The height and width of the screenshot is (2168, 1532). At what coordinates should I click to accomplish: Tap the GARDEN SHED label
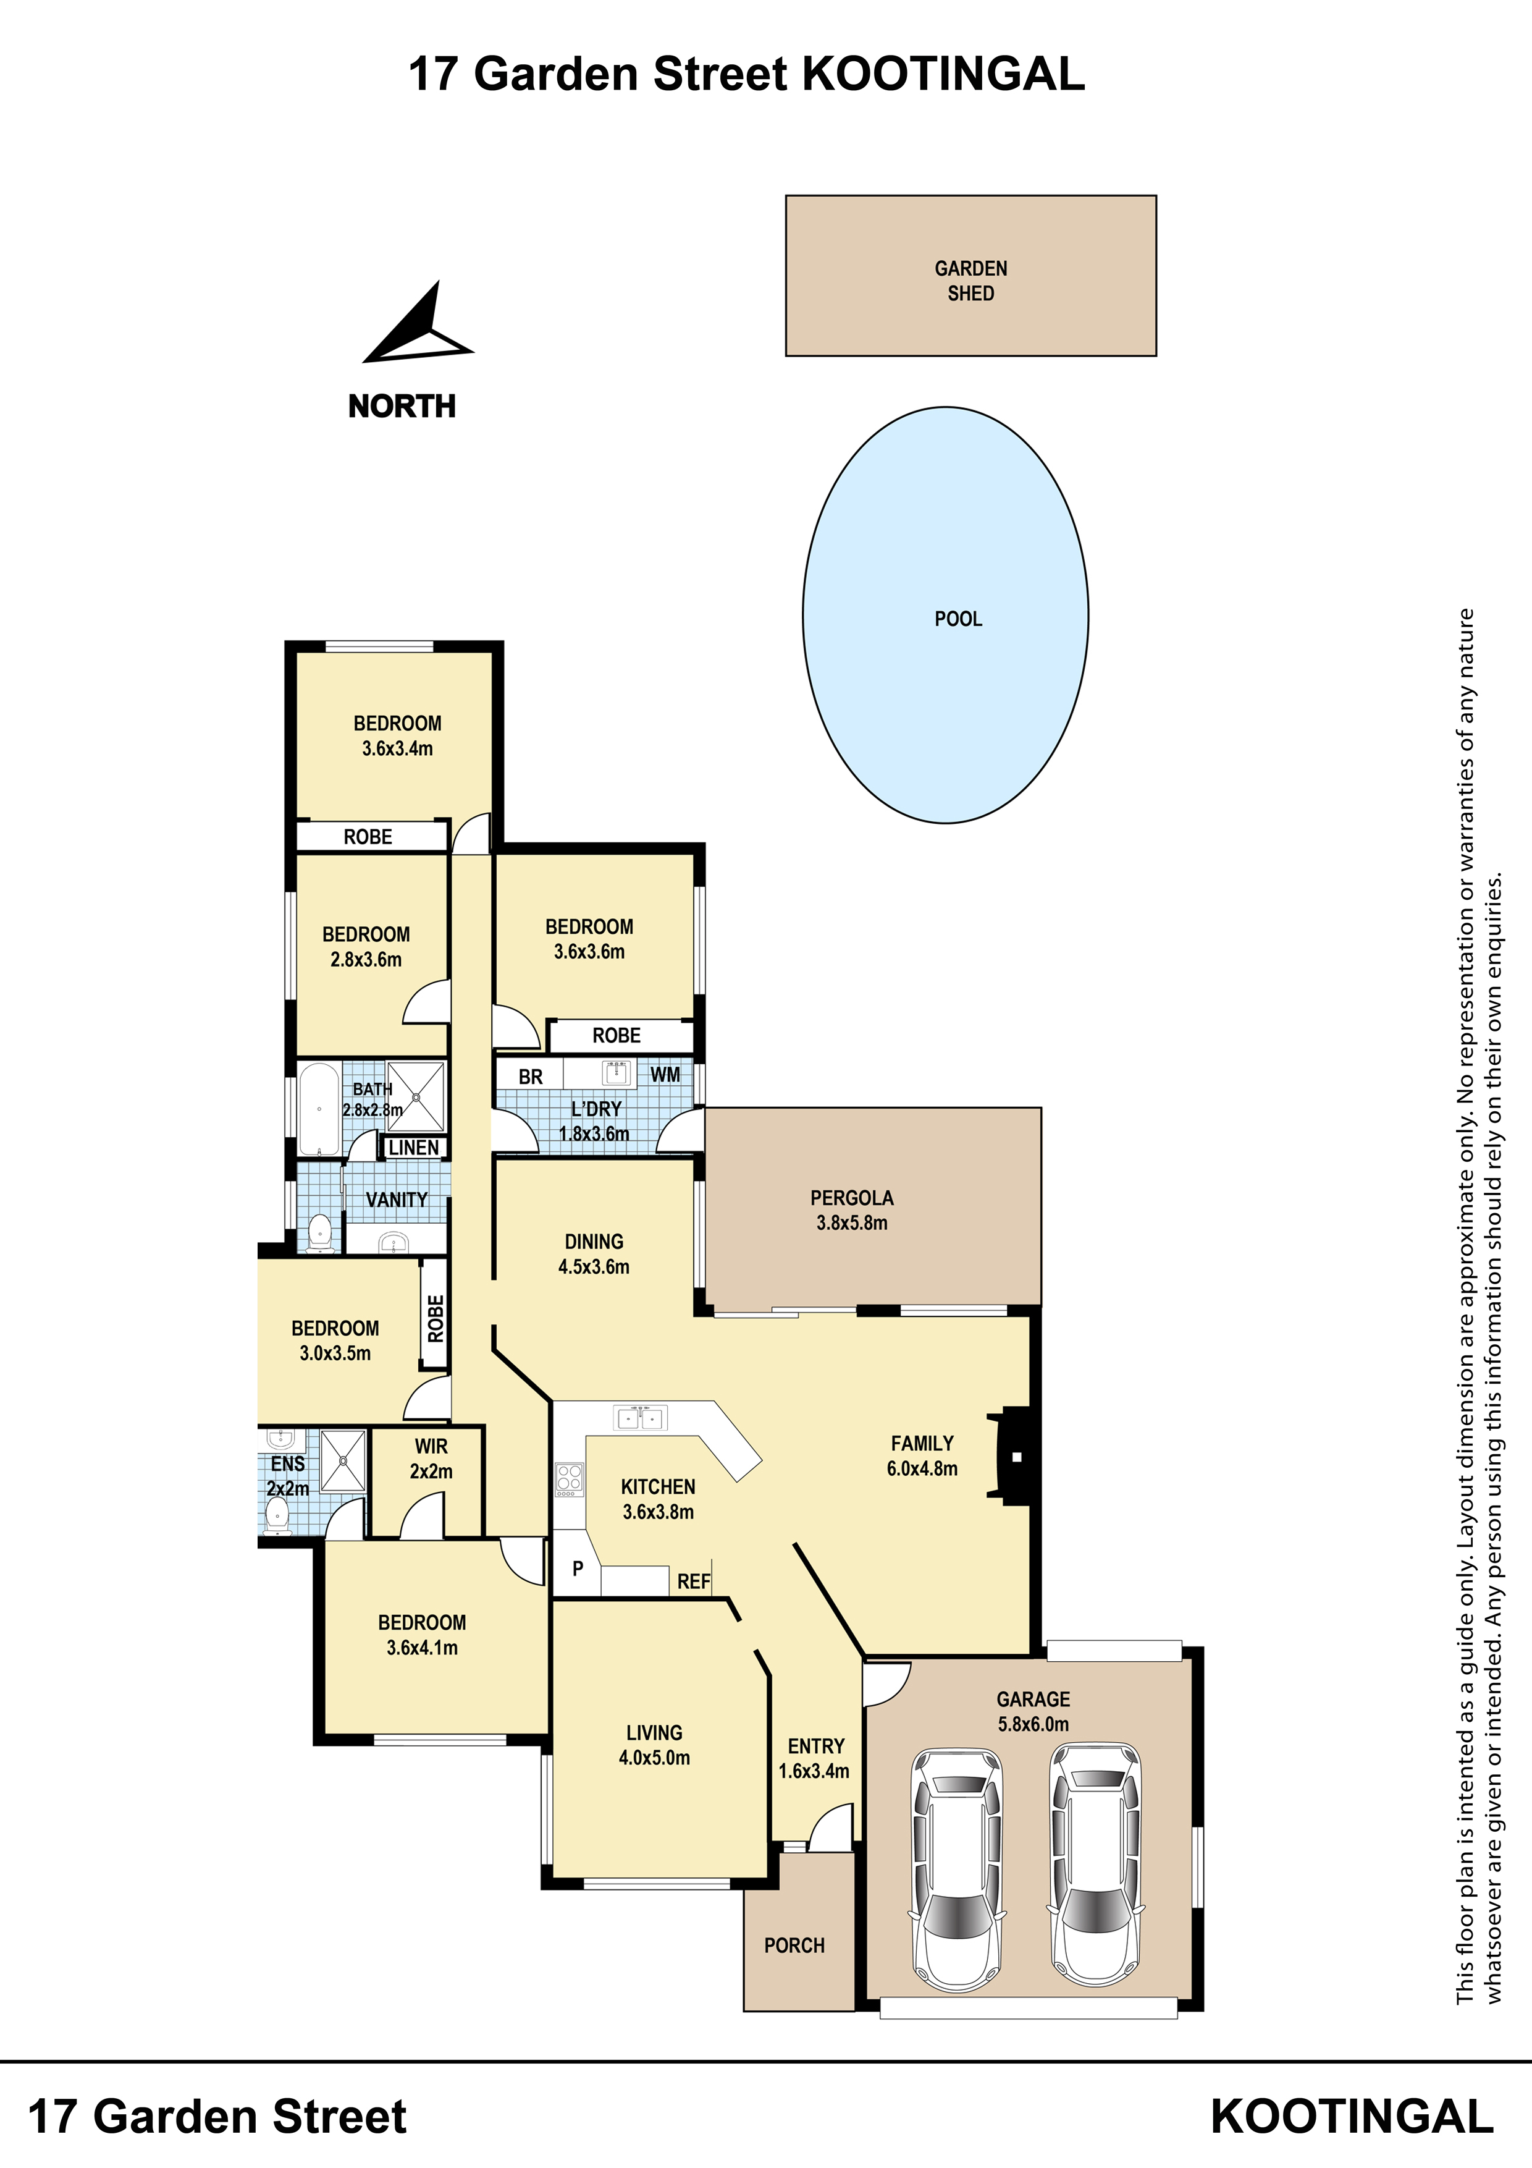point(970,281)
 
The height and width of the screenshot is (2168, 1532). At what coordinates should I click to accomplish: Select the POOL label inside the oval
point(958,619)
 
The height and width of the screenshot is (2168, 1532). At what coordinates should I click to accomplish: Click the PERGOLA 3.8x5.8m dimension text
point(851,1223)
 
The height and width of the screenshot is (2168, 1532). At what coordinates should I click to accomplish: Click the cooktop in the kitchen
point(569,1480)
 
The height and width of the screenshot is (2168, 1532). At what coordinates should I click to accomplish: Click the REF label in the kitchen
point(694,1581)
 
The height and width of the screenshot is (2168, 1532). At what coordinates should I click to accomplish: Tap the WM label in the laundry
point(665,1075)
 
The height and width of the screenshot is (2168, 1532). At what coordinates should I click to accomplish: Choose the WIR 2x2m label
point(431,1459)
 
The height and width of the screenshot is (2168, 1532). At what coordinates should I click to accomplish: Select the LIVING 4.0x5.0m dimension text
point(654,1757)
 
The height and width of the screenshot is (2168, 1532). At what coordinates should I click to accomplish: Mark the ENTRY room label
point(815,1746)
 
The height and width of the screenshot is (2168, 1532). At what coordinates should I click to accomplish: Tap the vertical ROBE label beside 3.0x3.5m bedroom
point(435,1318)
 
